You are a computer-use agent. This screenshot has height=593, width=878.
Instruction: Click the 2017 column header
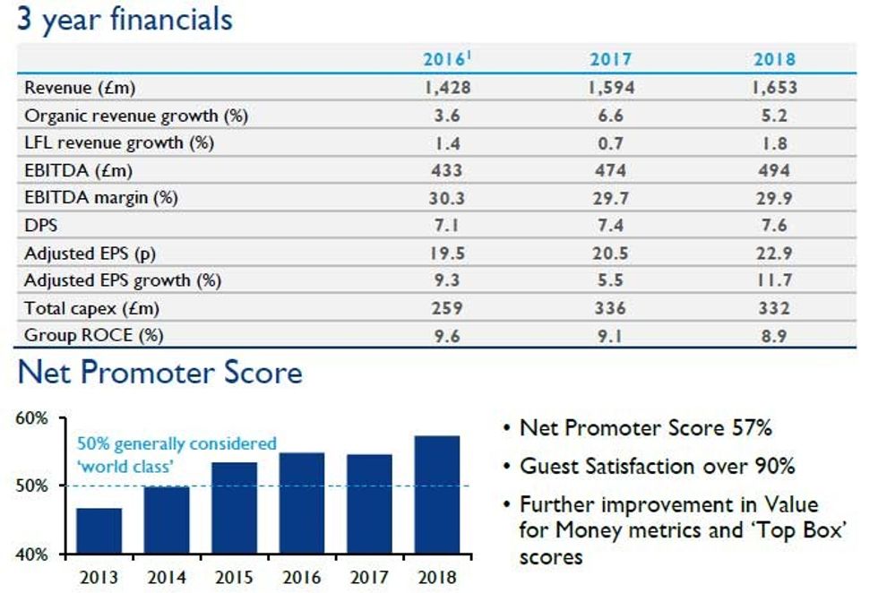point(610,60)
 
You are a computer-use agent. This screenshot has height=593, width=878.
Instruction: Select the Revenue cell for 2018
point(774,88)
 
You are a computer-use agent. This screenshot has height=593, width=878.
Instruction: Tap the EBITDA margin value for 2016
point(447,198)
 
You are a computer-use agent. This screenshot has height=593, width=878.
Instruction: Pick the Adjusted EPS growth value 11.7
point(774,280)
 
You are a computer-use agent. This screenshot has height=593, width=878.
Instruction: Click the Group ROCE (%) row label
point(94,335)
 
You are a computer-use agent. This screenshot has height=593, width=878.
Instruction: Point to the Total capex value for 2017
point(610,308)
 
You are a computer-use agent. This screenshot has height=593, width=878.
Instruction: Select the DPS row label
point(40,226)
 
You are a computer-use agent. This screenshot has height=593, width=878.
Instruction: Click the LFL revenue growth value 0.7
point(610,142)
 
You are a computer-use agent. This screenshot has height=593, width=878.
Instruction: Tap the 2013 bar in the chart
point(99,530)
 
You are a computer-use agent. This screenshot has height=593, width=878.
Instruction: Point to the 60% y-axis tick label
point(32,418)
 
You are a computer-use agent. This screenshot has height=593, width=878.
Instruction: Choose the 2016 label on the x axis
point(301,577)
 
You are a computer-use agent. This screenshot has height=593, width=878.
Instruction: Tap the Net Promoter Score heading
point(159,372)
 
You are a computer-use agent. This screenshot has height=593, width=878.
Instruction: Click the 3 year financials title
point(125,19)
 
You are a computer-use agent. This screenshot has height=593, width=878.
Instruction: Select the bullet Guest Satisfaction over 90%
point(657,466)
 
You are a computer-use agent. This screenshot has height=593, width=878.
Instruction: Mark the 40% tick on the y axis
point(32,554)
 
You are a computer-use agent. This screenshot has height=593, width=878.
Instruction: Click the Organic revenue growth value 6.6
point(610,116)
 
